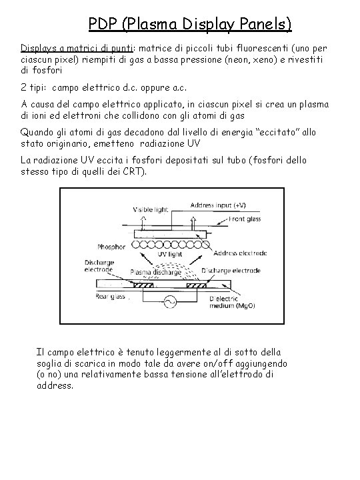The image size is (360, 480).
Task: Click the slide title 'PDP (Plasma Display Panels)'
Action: tap(190, 25)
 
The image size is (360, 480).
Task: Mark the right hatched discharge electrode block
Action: tap(213, 286)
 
